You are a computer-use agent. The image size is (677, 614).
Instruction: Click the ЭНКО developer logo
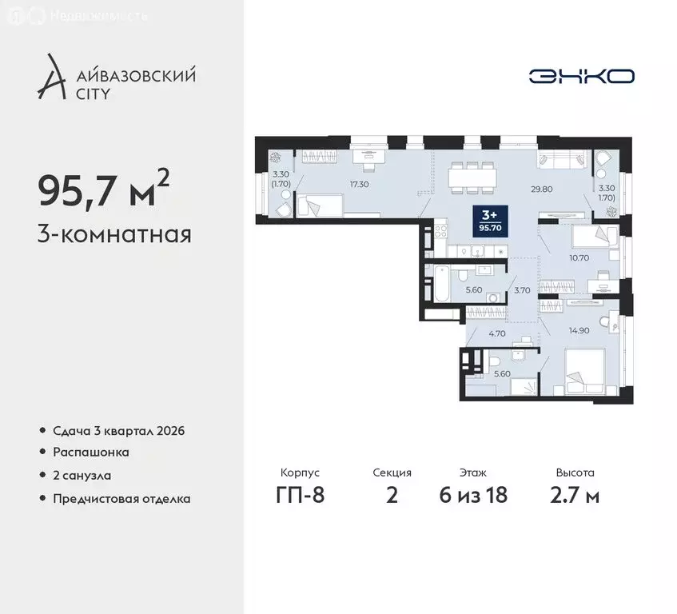click(x=581, y=76)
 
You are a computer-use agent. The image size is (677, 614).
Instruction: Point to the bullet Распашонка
click(x=90, y=453)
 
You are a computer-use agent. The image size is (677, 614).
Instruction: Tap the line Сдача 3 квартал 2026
click(x=118, y=431)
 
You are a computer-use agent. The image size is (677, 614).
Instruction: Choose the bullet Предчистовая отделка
click(x=121, y=498)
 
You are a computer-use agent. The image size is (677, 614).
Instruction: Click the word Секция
click(x=392, y=472)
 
